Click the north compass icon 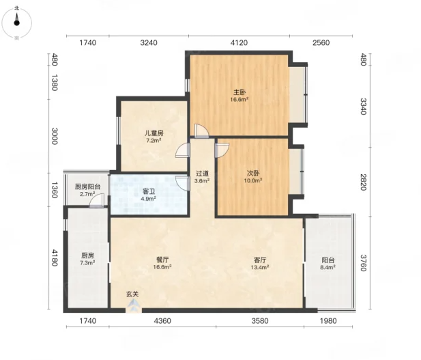pyautogui.click(x=16, y=23)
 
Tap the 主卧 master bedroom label pyautogui.click(x=239, y=92)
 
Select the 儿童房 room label pyautogui.click(x=154, y=133)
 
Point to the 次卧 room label pyautogui.click(x=253, y=173)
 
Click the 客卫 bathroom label pyautogui.click(x=149, y=192)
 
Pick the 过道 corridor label pyautogui.click(x=202, y=174)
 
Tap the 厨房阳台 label pyautogui.click(x=87, y=186)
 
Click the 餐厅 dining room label pyautogui.click(x=162, y=260)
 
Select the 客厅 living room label pyautogui.click(x=260, y=260)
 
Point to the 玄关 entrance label pyautogui.click(x=132, y=294)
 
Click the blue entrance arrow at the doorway pyautogui.click(x=134, y=305)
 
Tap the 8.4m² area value pyautogui.click(x=328, y=267)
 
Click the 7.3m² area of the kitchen pyautogui.click(x=87, y=263)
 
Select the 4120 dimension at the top pyautogui.click(x=239, y=43)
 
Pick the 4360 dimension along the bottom pyautogui.click(x=162, y=321)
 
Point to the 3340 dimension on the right pyautogui.click(x=363, y=107)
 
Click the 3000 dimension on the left pyautogui.click(x=55, y=136)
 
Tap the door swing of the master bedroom pyautogui.click(x=202, y=131)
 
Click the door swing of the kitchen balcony pyautogui.click(x=97, y=200)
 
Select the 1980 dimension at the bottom pyautogui.click(x=328, y=321)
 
